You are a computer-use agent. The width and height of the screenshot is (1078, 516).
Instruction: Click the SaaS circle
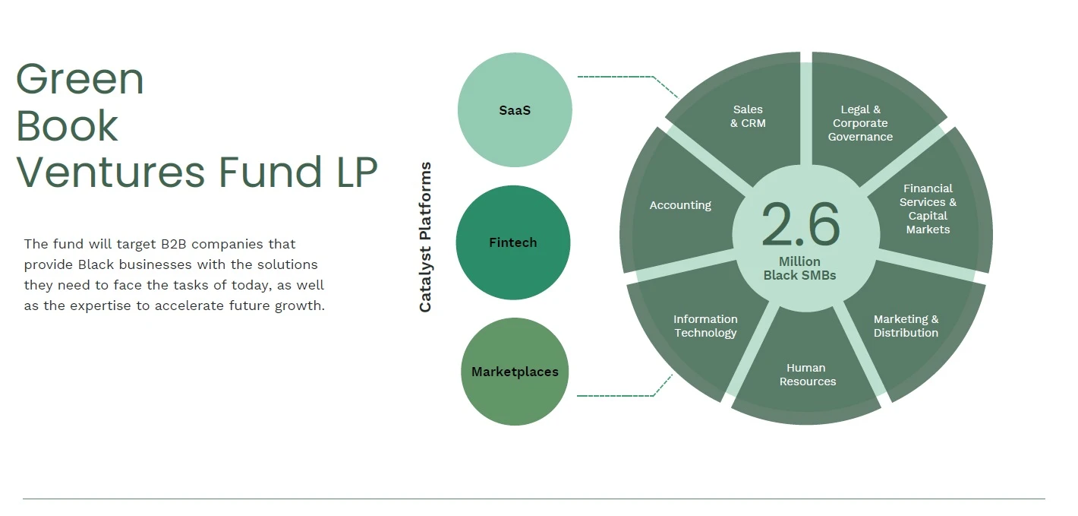tap(515, 110)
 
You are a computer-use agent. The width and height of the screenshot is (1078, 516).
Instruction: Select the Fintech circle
tap(513, 242)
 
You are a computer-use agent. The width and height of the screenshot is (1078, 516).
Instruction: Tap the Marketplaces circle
tap(515, 372)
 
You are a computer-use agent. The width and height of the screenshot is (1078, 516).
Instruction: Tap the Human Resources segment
tap(806, 376)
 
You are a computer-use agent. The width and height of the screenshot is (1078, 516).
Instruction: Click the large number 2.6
tap(801, 224)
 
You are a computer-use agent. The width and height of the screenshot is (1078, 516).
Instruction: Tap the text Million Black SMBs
tap(800, 268)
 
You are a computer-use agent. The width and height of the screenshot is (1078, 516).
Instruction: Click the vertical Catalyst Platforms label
tap(425, 237)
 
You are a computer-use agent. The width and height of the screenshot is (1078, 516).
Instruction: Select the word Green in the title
tap(80, 79)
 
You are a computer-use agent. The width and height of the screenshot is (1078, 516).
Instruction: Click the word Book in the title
tap(67, 125)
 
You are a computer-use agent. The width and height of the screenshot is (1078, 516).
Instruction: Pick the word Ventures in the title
tap(111, 172)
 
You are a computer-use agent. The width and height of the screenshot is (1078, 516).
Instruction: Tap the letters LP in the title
tap(357, 172)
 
